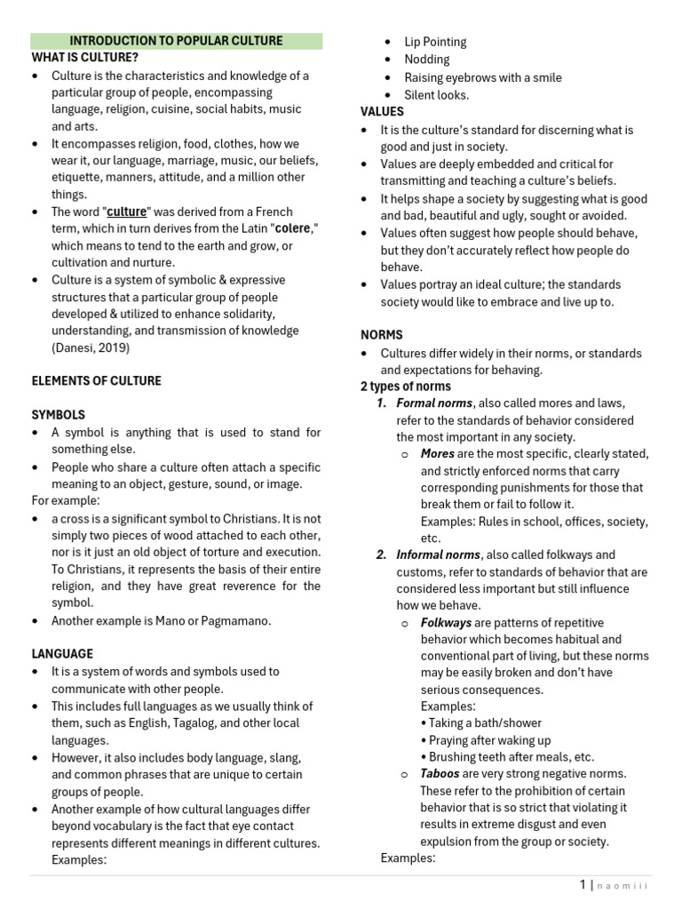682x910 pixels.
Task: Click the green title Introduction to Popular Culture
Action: point(176,41)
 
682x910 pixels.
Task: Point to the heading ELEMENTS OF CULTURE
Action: point(97,381)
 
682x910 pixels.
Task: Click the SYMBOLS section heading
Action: point(59,415)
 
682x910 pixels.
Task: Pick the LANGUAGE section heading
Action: point(62,653)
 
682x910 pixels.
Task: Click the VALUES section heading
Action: point(382,112)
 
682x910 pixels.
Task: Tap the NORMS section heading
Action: point(381,335)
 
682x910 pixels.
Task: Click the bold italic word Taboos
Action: point(440,774)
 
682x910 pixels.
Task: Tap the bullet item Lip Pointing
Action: point(435,42)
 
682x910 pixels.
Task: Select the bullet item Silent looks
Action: point(436,95)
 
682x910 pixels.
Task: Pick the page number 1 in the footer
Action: point(583,885)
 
